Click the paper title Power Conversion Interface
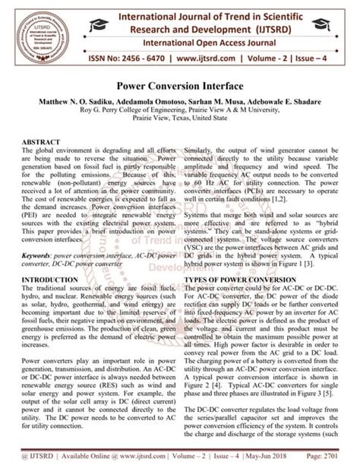pos(179,87)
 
